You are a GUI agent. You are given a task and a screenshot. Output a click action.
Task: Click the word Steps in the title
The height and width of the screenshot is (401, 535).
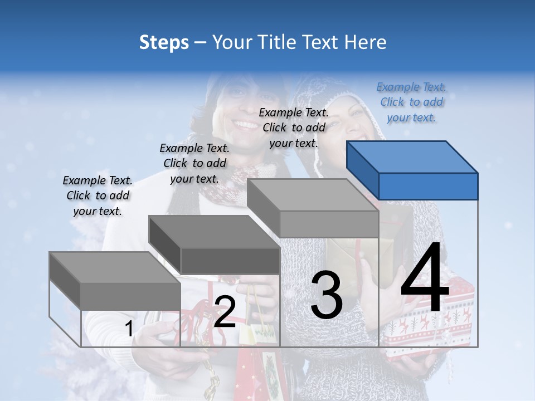[164, 42]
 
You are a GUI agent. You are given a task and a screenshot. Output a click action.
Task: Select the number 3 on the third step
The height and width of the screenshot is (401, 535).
[326, 295]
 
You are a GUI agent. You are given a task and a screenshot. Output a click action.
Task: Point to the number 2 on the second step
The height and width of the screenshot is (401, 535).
[225, 312]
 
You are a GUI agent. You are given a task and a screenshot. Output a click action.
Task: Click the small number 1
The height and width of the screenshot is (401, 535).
[129, 329]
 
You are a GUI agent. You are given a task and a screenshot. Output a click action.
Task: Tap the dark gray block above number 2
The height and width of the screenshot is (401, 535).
[215, 246]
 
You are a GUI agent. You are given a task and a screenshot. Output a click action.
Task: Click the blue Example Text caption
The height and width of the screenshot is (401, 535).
[411, 102]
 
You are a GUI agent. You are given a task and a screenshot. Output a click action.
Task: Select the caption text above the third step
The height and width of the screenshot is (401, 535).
[294, 128]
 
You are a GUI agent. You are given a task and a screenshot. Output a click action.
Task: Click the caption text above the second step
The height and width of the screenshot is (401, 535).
[194, 163]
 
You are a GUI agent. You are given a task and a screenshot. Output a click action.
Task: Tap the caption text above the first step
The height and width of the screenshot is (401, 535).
[98, 195]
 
